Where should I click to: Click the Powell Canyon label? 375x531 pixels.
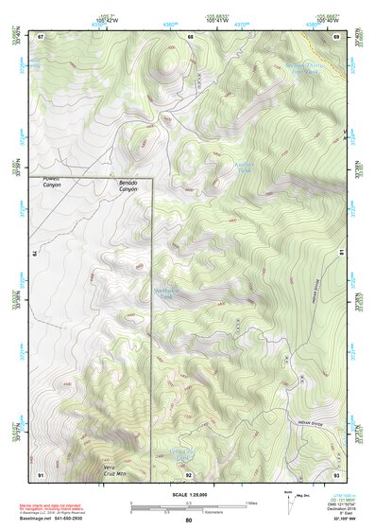pos(49,184)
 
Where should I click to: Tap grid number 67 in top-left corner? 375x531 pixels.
pos(41,37)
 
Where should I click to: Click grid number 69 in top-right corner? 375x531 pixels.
pos(335,37)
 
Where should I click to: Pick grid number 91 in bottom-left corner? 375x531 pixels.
pos(41,473)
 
